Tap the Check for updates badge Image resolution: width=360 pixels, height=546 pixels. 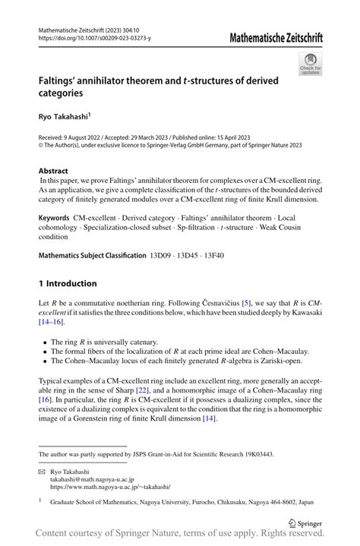click(310, 65)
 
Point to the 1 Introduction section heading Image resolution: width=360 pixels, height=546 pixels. click(68, 283)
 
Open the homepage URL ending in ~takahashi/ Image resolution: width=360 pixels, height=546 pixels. click(110, 487)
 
